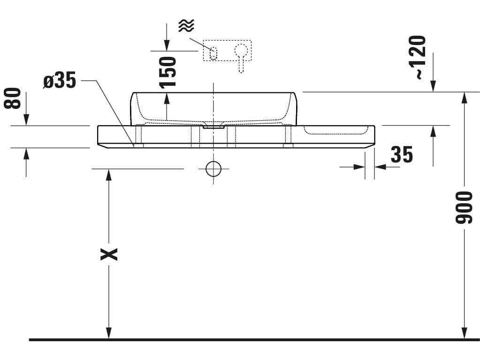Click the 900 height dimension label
pos(464,207)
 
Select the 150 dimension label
pos(168,72)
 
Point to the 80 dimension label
pos(12,98)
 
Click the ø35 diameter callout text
pos(60,81)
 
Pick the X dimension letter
pos(109,254)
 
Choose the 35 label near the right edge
pos(402,154)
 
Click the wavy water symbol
pos(186,25)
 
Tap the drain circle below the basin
pos(213,169)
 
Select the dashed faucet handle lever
pos(241,58)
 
